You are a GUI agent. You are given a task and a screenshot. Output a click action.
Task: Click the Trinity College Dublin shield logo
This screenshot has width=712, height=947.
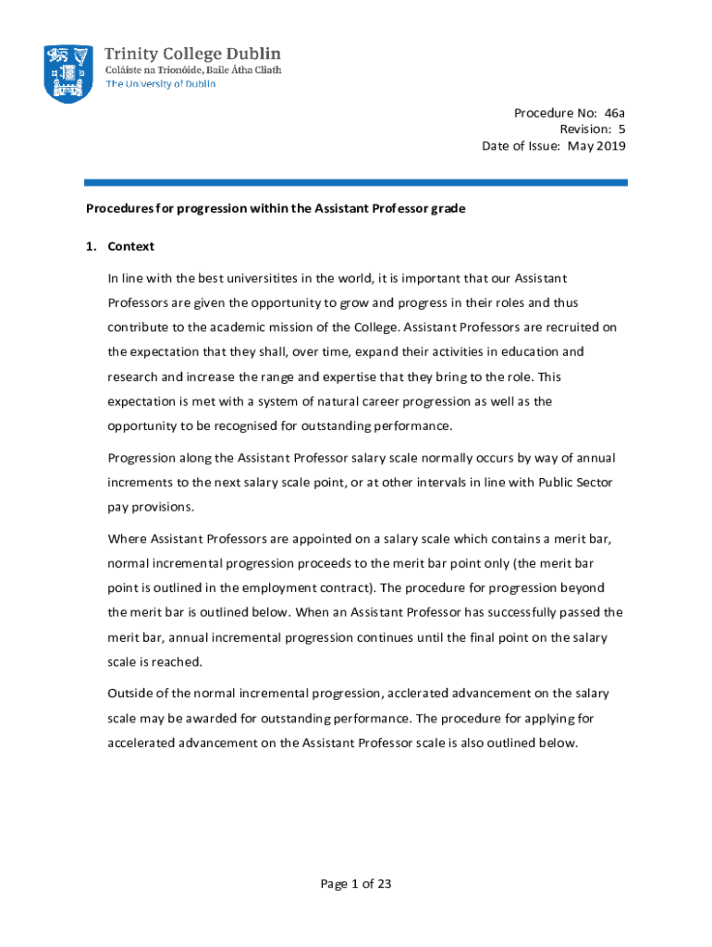[68, 73]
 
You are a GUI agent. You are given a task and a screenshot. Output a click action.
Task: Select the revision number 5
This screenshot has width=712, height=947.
[622, 129]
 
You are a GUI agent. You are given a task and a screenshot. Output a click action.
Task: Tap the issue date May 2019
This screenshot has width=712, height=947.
[597, 146]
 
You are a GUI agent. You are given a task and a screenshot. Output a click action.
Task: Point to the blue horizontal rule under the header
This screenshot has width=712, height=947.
[356, 183]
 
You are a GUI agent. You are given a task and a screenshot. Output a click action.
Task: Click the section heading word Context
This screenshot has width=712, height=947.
[131, 247]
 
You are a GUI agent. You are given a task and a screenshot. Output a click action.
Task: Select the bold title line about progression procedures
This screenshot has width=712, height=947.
[276, 209]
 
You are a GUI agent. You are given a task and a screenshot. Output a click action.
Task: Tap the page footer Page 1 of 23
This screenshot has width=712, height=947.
[356, 884]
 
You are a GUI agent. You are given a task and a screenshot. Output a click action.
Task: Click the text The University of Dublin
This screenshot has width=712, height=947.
[161, 84]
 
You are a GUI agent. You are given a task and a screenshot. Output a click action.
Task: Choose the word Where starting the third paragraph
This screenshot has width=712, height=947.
[128, 539]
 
